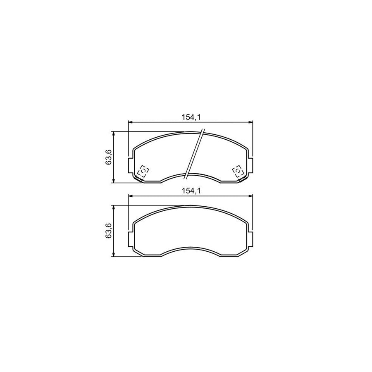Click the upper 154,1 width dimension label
point(191,117)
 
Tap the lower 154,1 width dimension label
point(191,191)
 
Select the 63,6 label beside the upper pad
point(109,157)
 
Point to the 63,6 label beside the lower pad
point(109,231)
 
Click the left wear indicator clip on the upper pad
point(143,172)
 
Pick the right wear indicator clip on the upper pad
point(238,172)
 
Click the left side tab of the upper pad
point(131,165)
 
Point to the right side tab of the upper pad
point(250,165)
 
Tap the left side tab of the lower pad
point(131,239)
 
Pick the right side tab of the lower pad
point(250,239)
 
